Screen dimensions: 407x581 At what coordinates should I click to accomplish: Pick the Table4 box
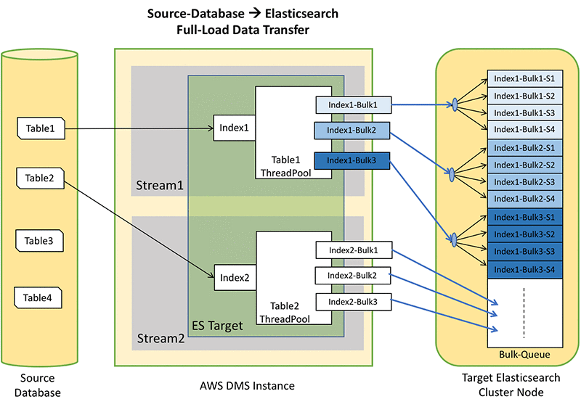[x=38, y=297]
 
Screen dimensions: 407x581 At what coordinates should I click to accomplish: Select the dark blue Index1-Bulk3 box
[x=352, y=160]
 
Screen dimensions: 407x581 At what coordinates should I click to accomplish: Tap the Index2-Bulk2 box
[x=352, y=276]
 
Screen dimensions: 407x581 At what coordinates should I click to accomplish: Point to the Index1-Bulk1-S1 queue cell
[x=524, y=79]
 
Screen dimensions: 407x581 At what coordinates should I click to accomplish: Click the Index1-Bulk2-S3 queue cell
[x=524, y=181]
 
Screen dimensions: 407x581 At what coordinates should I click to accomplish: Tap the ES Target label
[x=217, y=326]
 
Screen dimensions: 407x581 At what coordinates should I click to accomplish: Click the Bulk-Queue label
[x=524, y=355]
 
